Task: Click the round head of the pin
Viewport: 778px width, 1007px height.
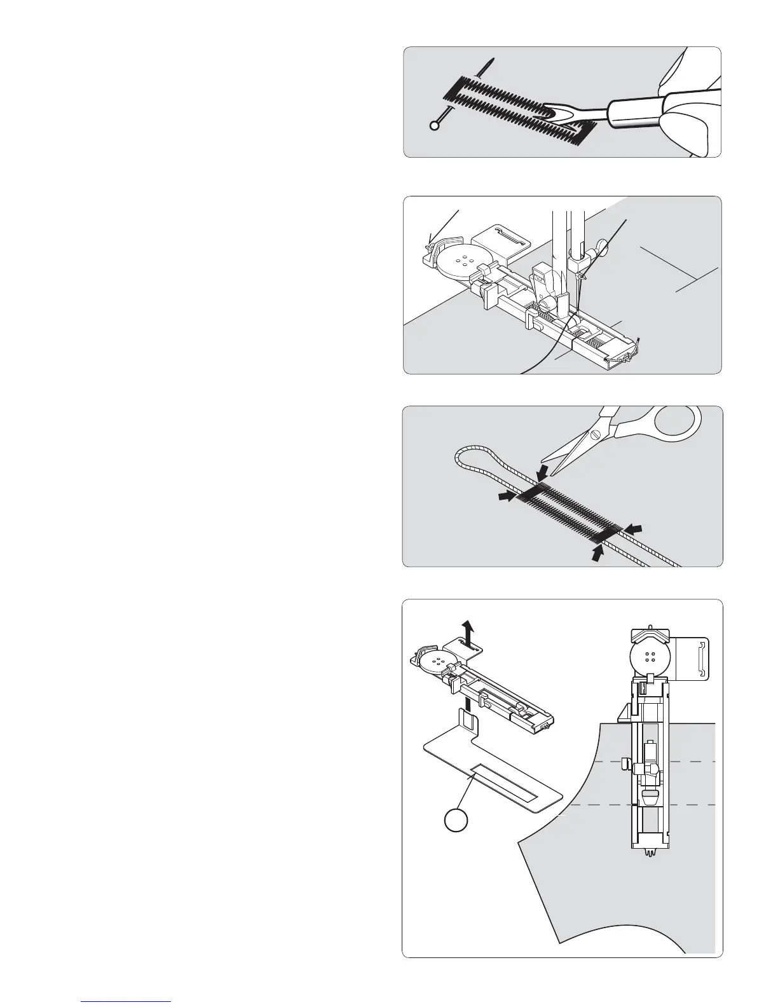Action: coord(435,126)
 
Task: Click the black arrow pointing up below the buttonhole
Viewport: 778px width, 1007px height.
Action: coord(597,551)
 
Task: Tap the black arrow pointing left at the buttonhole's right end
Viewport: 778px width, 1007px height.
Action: coord(634,528)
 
